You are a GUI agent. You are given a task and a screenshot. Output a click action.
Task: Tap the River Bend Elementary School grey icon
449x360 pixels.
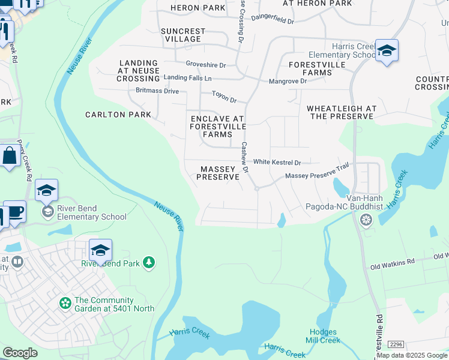click(x=47, y=212)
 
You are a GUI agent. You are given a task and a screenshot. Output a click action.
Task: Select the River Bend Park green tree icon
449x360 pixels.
click(x=149, y=263)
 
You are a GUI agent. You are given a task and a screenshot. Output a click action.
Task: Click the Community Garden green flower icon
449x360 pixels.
click(x=65, y=304)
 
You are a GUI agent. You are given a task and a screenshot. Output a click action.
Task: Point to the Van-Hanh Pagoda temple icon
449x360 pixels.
click(x=365, y=221)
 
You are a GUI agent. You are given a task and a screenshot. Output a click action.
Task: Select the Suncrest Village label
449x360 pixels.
click(x=183, y=35)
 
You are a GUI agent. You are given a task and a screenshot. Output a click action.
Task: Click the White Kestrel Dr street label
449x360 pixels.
click(x=277, y=162)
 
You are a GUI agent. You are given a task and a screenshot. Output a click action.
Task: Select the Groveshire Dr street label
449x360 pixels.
click(x=205, y=65)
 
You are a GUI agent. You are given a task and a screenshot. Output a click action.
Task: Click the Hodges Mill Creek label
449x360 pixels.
click(x=325, y=336)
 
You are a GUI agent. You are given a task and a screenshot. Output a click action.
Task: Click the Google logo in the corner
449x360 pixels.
click(x=20, y=353)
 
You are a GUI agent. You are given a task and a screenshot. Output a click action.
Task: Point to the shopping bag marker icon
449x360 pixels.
click(x=10, y=157)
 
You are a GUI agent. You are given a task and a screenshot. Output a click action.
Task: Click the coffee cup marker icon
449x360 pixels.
click(x=14, y=212)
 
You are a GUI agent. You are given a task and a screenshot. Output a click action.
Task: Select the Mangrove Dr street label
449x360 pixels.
click(x=288, y=81)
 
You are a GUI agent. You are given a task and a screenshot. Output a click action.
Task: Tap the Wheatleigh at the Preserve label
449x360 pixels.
click(x=341, y=112)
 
